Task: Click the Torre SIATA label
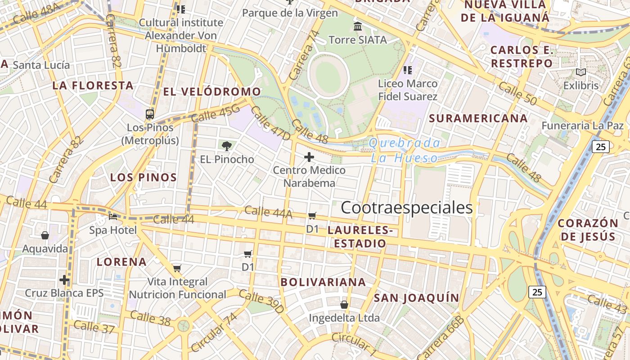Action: [x=358, y=40]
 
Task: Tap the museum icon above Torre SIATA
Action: [x=358, y=27]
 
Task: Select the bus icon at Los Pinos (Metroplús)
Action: [x=150, y=114]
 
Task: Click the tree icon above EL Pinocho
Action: [x=227, y=145]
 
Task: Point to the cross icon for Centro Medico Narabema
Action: [x=309, y=157]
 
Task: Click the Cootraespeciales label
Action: [x=407, y=208]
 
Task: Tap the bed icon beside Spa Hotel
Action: [x=113, y=217]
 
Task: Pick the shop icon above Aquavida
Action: [x=45, y=235]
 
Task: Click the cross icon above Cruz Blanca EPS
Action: [x=64, y=280]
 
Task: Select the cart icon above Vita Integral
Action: [x=177, y=269]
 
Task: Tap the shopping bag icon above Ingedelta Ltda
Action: [x=344, y=305]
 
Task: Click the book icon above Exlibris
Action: [x=581, y=72]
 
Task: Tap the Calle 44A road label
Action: [x=268, y=212]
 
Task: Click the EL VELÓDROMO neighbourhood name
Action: [x=212, y=92]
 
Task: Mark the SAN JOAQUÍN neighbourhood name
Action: [x=416, y=298]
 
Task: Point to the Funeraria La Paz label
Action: [x=582, y=126]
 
